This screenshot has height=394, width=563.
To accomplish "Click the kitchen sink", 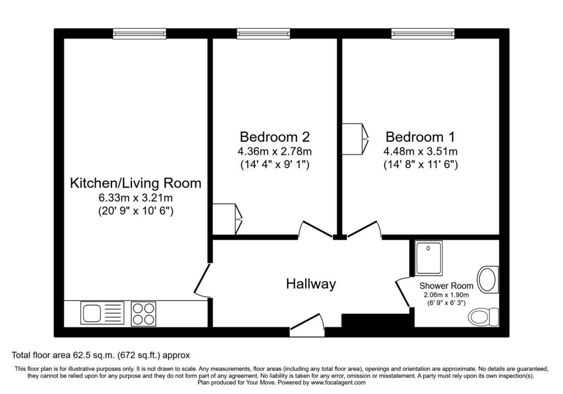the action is (x=102, y=313).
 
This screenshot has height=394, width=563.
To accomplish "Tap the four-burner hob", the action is (x=143, y=314).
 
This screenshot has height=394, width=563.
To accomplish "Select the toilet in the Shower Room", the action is (x=483, y=317).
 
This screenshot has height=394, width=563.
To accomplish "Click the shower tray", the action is (x=429, y=258).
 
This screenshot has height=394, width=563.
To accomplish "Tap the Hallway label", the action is (x=311, y=284).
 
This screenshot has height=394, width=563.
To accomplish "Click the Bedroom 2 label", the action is (x=275, y=137).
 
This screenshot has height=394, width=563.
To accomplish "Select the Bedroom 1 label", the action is (x=420, y=137).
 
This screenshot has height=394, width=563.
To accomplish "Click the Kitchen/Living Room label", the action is (x=136, y=183).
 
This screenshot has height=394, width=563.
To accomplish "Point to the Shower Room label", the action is (x=446, y=286).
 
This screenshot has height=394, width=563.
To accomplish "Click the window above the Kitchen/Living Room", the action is (x=140, y=34).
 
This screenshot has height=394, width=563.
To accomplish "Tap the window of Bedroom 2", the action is (x=263, y=34).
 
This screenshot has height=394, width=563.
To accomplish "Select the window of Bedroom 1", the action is (x=423, y=34).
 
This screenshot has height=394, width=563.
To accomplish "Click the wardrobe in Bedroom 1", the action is (x=355, y=139).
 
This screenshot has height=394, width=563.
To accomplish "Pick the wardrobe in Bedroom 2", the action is (x=227, y=219).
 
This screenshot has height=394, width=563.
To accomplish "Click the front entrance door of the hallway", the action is (x=307, y=325).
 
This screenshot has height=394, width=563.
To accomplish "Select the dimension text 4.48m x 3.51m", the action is (x=421, y=151).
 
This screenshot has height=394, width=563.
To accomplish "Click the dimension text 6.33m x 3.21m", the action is (x=136, y=198).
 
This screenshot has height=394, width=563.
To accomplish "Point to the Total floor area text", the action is (x=101, y=355).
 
